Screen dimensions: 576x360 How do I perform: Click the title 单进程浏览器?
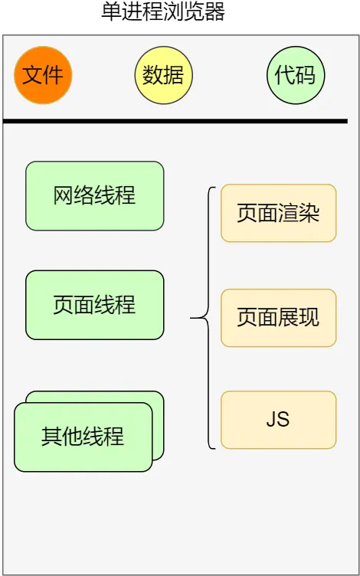pyautogui.click(x=163, y=12)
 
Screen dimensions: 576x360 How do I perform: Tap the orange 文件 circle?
pyautogui.click(x=43, y=75)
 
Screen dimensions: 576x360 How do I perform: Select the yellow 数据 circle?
pyautogui.click(x=163, y=75)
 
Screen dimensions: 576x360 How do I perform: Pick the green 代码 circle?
pyautogui.click(x=296, y=75)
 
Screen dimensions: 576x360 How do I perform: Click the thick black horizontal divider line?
pyautogui.click(x=175, y=121)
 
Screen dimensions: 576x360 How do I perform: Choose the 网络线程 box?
pyautogui.click(x=94, y=195)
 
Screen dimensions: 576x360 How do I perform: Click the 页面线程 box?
pyautogui.click(x=94, y=305)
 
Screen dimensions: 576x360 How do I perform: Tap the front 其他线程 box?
pyautogui.click(x=83, y=437)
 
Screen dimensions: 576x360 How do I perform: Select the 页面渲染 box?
pyautogui.click(x=278, y=213)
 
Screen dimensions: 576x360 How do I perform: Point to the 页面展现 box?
pyautogui.click(x=278, y=317)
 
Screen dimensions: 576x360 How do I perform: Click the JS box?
pyautogui.click(x=278, y=420)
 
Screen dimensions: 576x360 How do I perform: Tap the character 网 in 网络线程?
pyautogui.click(x=64, y=195)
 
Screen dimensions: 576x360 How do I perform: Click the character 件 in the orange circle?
pyautogui.click(x=54, y=75)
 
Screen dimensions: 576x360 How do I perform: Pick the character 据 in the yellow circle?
pyautogui.click(x=174, y=75)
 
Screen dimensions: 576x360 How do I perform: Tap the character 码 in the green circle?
pyautogui.click(x=306, y=75)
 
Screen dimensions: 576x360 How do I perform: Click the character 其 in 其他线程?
pyautogui.click(x=51, y=437)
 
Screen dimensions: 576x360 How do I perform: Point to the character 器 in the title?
pyautogui.click(x=215, y=12)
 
